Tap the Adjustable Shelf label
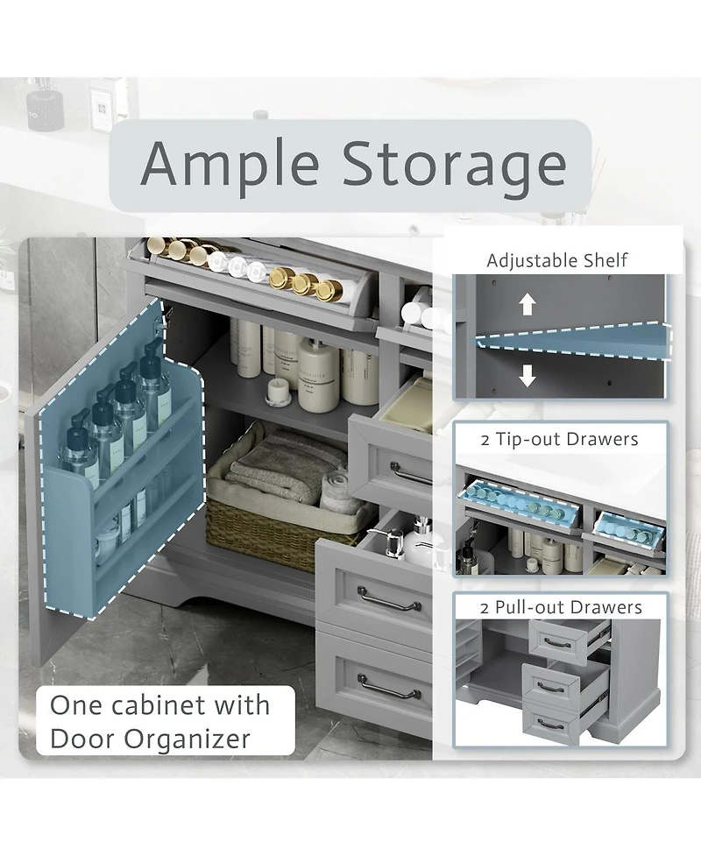[557, 260]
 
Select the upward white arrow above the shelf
[527, 304]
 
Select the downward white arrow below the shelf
[527, 375]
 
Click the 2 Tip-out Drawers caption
[559, 440]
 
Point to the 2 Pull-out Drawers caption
[561, 607]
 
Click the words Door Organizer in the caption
[150, 739]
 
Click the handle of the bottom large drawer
[389, 686]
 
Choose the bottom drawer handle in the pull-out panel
[549, 725]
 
